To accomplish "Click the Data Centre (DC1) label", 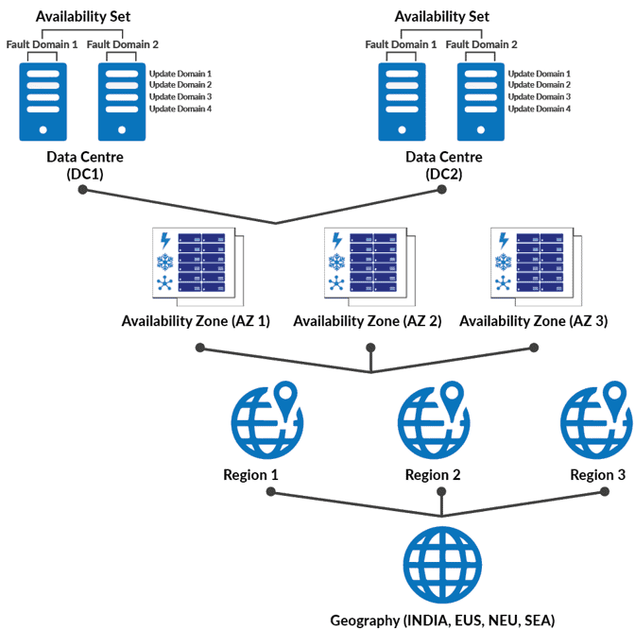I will point(85,165).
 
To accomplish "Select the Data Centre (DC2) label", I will point(444,165).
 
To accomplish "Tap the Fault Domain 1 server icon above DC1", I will point(43,99).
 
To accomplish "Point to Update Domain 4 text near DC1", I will point(180,110).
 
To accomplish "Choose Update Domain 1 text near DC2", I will point(540,74).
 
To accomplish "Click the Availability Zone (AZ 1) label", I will point(196,321).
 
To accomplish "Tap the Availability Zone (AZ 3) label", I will point(533,321).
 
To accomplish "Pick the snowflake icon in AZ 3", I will point(504,263).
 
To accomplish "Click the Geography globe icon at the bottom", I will point(441,566).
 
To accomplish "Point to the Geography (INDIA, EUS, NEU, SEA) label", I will point(442,620).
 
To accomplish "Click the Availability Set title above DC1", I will point(83,16).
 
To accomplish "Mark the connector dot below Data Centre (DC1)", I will point(83,190).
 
